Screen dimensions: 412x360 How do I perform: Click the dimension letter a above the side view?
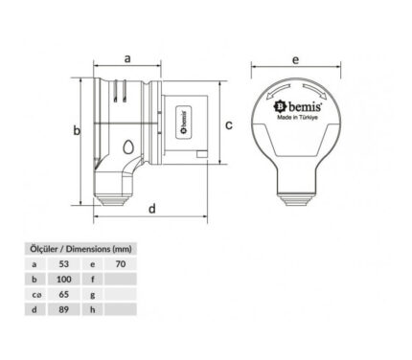pos(127,59)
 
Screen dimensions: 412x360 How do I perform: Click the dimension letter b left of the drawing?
pos(77,130)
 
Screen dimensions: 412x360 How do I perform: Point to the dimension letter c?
pos(229,125)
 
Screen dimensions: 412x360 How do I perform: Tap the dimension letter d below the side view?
pos(152,209)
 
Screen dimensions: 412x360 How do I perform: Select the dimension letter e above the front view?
pos(296,59)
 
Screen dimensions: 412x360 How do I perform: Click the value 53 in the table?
pos(64,264)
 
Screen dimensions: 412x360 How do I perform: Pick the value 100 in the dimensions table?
pos(64,280)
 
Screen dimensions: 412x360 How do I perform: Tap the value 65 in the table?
pos(64,294)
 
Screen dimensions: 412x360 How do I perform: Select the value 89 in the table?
pos(64,309)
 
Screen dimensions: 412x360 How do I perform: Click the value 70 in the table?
pos(121,264)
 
